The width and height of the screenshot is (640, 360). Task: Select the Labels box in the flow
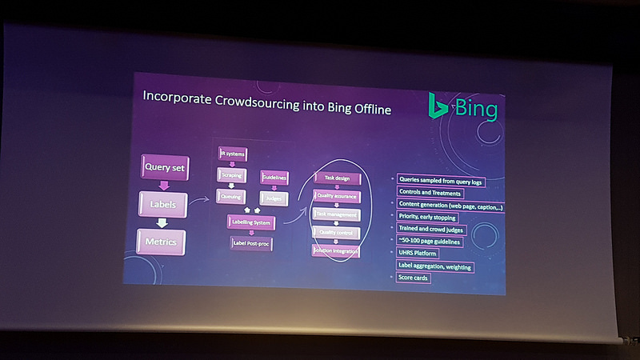[162, 205]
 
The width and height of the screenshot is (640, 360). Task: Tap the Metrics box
[162, 241]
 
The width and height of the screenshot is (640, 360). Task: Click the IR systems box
[232, 154]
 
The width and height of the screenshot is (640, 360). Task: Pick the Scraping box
[232, 174]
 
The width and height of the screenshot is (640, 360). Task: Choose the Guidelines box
[274, 177]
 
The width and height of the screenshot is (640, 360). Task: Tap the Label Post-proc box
[251, 243]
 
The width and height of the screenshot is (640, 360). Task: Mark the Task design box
[337, 178]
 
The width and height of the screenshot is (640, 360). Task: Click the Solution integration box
[337, 251]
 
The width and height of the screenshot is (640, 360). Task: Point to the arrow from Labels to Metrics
[162, 223]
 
